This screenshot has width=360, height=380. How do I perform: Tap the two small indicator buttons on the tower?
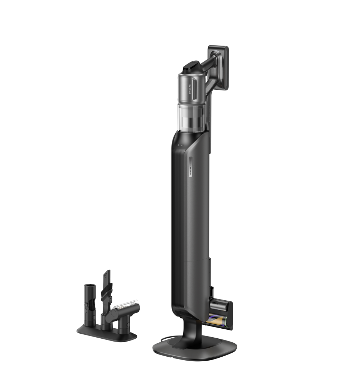coord(180,145)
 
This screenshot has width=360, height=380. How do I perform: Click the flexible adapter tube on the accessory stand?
coord(89,302)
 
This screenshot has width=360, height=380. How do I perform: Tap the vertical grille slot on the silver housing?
coord(194,88)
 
